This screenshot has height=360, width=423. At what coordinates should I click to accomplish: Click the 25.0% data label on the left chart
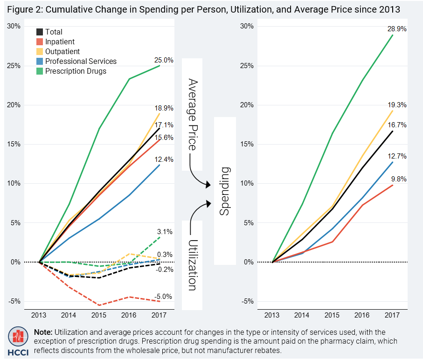(x=164, y=60)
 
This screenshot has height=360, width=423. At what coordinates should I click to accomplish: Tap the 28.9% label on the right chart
(x=396, y=29)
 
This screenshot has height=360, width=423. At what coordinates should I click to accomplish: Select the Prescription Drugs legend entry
(x=76, y=71)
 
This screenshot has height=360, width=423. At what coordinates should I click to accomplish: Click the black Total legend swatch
(x=40, y=32)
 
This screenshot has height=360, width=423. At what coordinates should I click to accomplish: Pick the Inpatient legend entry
(x=60, y=42)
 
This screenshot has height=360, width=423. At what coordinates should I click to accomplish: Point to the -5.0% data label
(x=163, y=296)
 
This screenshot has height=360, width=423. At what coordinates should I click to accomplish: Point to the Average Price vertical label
(x=192, y=114)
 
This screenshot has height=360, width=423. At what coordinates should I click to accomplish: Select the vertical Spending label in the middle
(x=225, y=191)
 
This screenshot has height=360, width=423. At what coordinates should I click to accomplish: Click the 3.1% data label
(x=165, y=231)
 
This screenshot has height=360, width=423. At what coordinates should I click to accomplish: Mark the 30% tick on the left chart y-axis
(x=14, y=26)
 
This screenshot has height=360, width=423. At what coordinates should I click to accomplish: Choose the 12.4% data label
(x=164, y=159)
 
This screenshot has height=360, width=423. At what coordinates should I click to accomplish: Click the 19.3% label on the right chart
(x=396, y=105)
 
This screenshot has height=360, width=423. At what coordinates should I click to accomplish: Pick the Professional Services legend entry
(x=81, y=61)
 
